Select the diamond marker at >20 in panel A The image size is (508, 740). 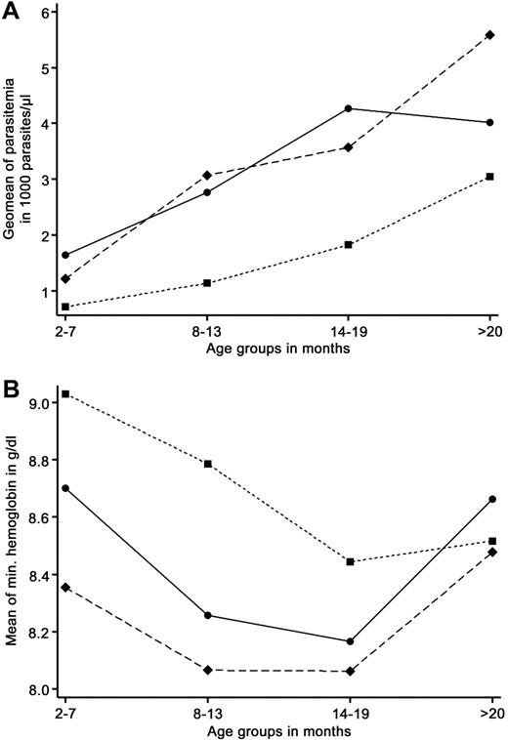(490, 35)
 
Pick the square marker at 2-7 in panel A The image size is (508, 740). (65, 307)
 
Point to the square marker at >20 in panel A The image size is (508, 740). (490, 177)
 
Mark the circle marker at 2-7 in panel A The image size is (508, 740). (65, 255)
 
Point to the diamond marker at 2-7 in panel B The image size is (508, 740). (65, 587)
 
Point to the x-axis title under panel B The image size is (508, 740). (276, 727)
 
